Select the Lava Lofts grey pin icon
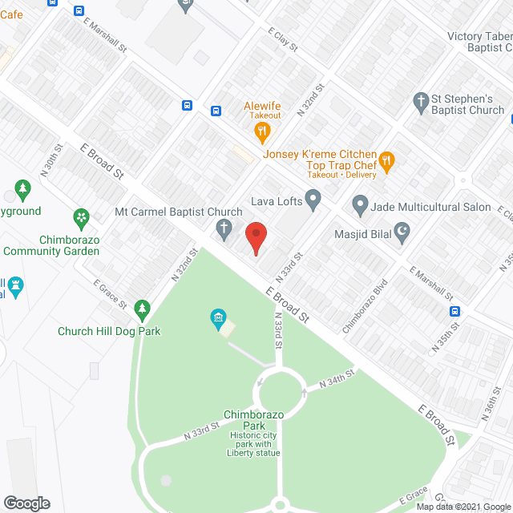[313, 198]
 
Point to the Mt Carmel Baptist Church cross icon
[225, 231]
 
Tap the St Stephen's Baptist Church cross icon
[420, 102]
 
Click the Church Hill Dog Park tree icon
[142, 309]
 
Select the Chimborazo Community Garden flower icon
[81, 216]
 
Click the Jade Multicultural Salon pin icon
[361, 206]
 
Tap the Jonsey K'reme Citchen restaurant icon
[386, 161]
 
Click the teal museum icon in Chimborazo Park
[217, 320]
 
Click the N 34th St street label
[337, 376]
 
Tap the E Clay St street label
[283, 38]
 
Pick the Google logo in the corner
[26, 503]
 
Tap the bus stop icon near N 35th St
[454, 312]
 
